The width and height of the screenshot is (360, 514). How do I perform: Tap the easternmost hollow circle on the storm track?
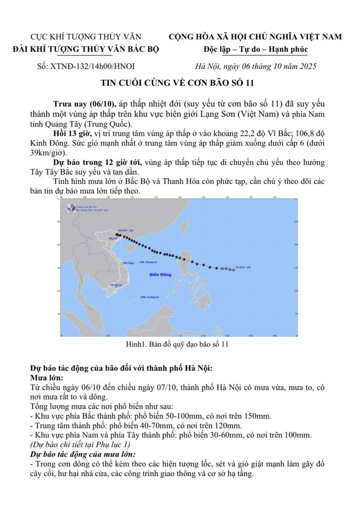(234, 269)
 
